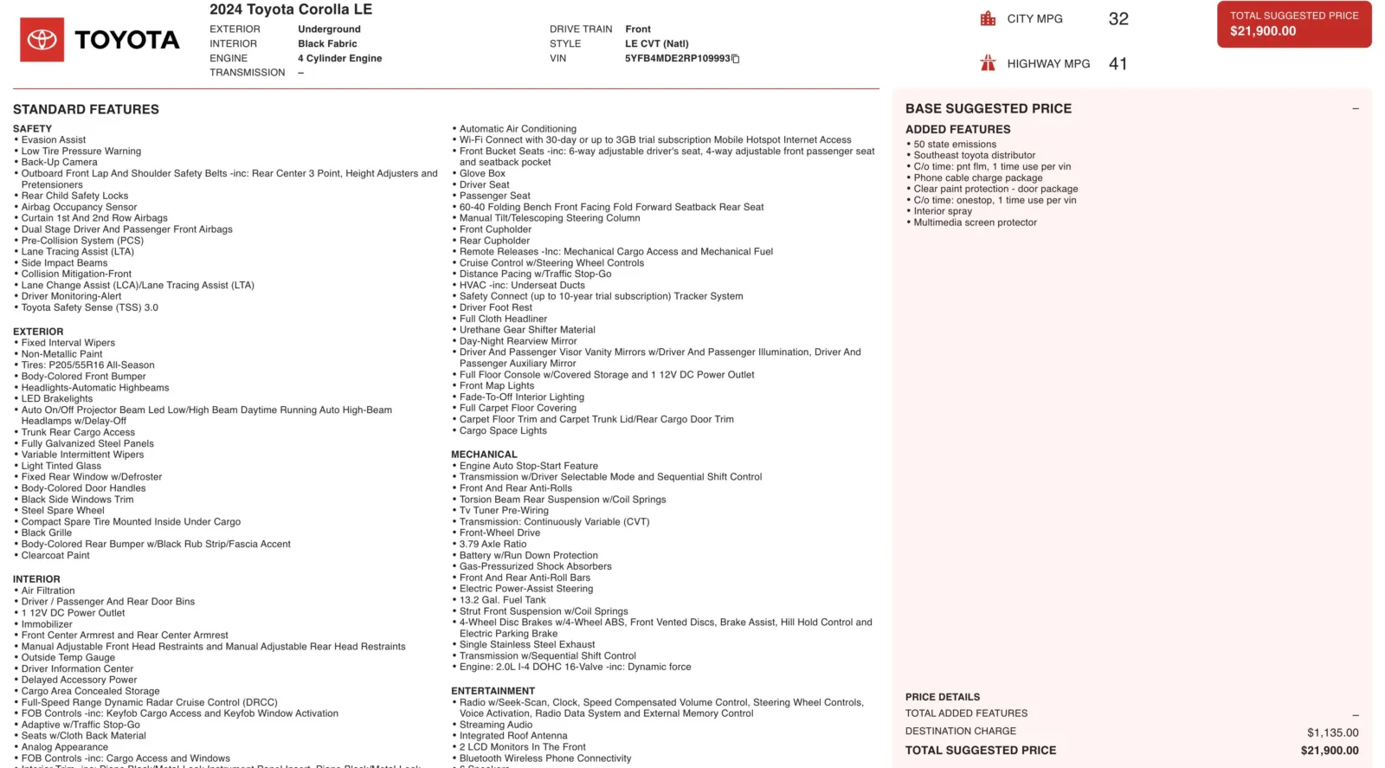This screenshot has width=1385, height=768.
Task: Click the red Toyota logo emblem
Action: (42, 40)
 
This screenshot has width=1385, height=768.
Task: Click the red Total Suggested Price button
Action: (1293, 24)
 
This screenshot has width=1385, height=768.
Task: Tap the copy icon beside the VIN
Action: (736, 59)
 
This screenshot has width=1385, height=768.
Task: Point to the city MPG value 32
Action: (1118, 19)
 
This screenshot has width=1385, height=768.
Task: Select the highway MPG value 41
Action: (1118, 64)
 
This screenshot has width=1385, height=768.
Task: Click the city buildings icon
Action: (988, 19)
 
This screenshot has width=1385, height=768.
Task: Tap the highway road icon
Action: (988, 63)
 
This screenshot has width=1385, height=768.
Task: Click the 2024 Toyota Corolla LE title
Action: (291, 10)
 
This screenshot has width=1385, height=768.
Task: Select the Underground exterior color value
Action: (329, 29)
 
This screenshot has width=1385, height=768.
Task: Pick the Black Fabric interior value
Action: (327, 44)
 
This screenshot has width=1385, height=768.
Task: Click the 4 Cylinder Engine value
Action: (339, 59)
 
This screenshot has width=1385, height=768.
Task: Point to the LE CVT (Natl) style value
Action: (656, 44)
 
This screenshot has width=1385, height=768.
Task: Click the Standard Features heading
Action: (86, 110)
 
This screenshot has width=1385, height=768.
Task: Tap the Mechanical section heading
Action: (484, 455)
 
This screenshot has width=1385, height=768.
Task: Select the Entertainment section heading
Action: (493, 691)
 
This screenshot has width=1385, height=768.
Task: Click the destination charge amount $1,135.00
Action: (1332, 733)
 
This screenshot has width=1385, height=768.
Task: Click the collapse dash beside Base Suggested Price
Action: (1355, 109)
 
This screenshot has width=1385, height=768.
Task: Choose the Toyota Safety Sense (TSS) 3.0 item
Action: (89, 307)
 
